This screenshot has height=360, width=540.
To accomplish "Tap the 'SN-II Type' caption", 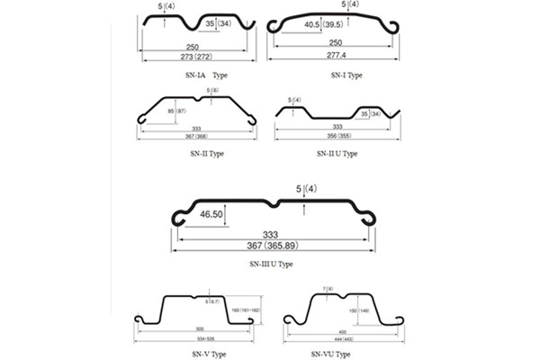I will pyautogui.click(x=198, y=154).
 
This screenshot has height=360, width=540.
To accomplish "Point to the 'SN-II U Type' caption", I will pyautogui.click(x=337, y=154).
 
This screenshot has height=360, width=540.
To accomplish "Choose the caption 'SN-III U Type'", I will pyautogui.click(x=271, y=265).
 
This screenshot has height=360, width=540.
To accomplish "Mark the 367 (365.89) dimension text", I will pyautogui.click(x=274, y=246).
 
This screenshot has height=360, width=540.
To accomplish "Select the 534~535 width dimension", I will pyautogui.click(x=198, y=341).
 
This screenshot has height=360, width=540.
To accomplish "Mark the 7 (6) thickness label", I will pyautogui.click(x=328, y=288).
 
